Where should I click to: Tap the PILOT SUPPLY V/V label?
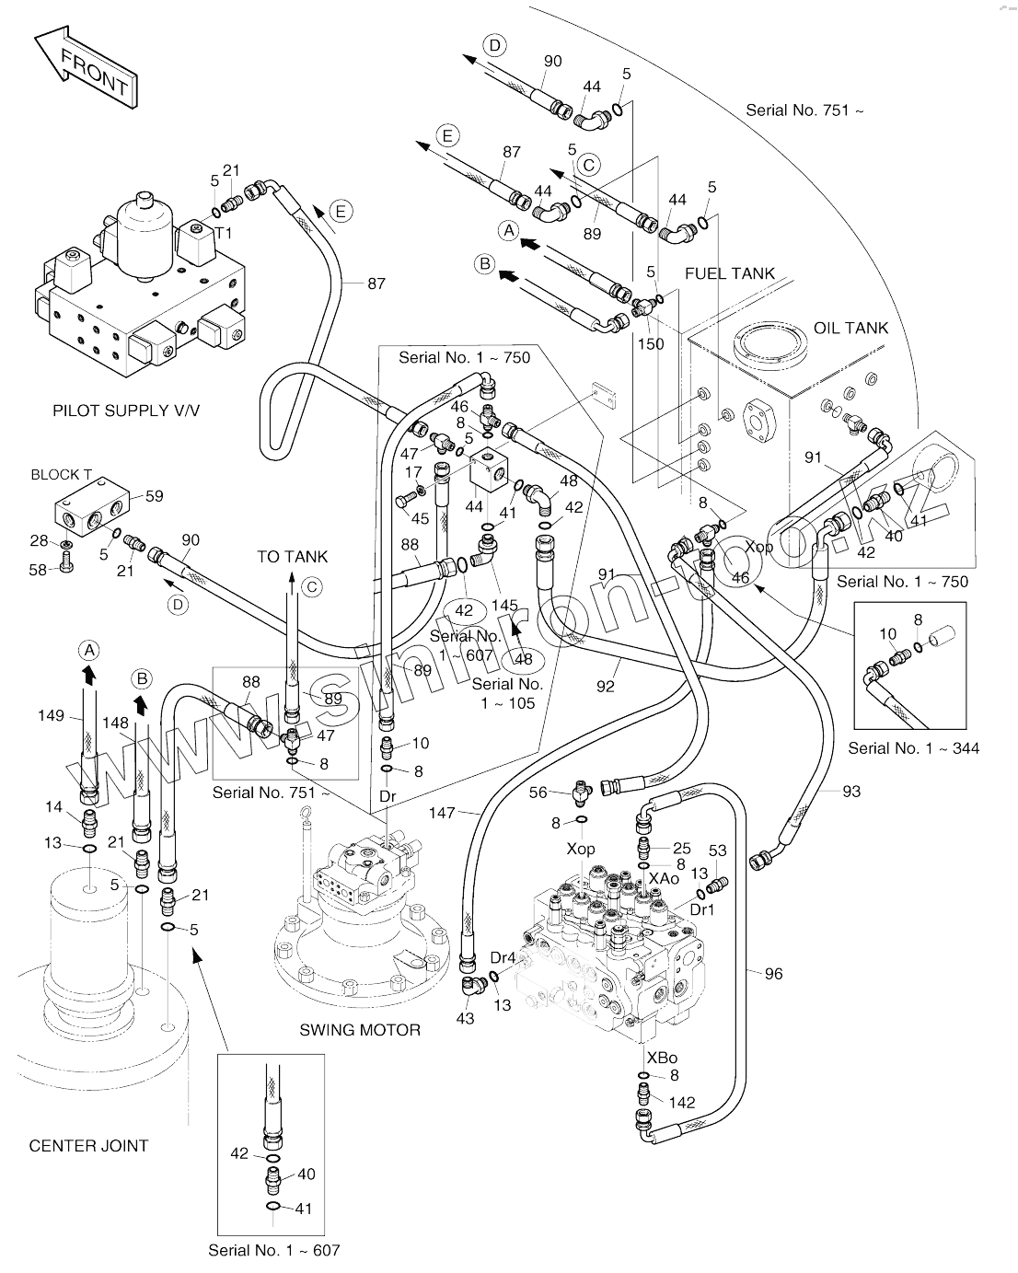coord(126,411)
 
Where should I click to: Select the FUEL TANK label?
coord(729,273)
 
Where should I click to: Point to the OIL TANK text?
coord(851,328)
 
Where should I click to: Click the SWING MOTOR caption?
coord(360,1030)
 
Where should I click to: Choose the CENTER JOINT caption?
coord(88,1146)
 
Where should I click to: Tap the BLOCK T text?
coord(62,475)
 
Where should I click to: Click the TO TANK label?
coord(292,557)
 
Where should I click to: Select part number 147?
coord(442,813)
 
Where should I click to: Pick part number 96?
coord(773,973)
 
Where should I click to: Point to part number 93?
coord(851,791)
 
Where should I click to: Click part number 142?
coord(682,1103)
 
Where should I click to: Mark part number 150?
coord(651,343)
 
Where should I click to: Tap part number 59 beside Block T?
coord(154,496)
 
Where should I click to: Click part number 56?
coord(538,792)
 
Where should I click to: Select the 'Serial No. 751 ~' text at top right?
coord(804,110)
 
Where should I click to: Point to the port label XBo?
coord(662,1058)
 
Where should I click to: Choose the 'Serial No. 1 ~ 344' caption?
coord(913,748)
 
